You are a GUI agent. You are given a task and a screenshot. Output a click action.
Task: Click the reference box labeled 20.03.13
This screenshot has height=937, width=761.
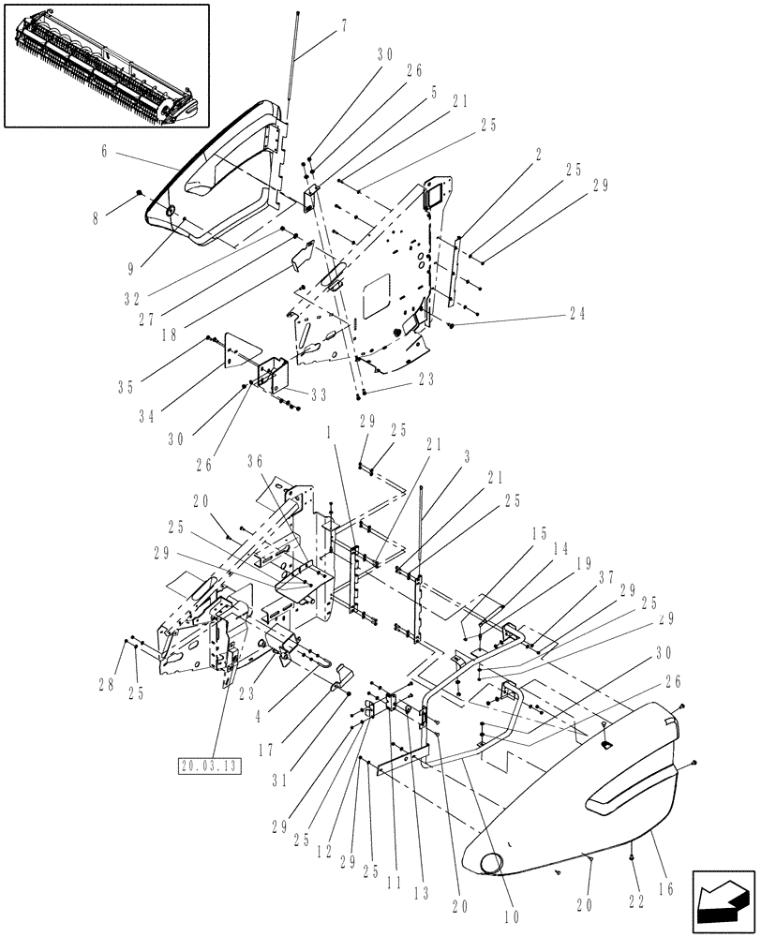pyautogui.click(x=208, y=766)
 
